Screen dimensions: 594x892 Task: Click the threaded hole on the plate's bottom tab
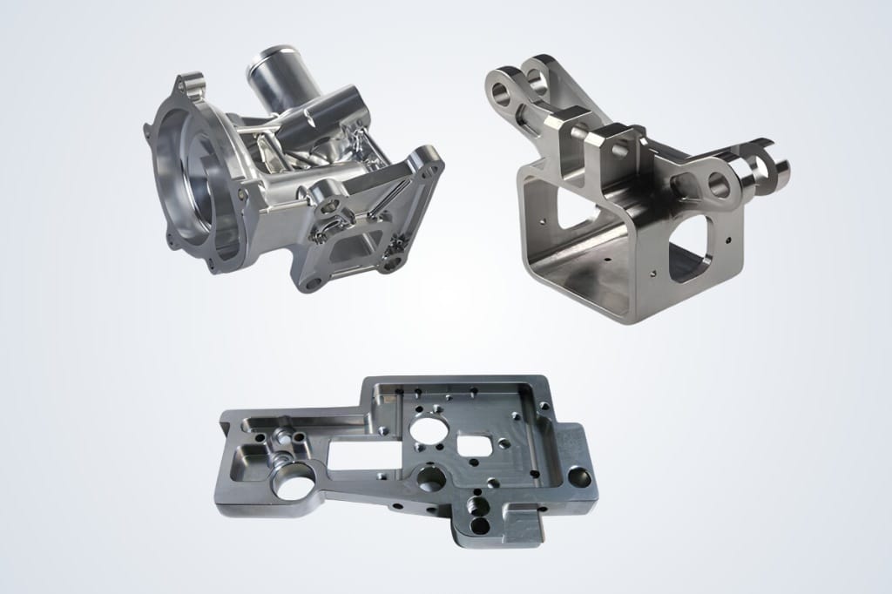(x=476, y=506)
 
